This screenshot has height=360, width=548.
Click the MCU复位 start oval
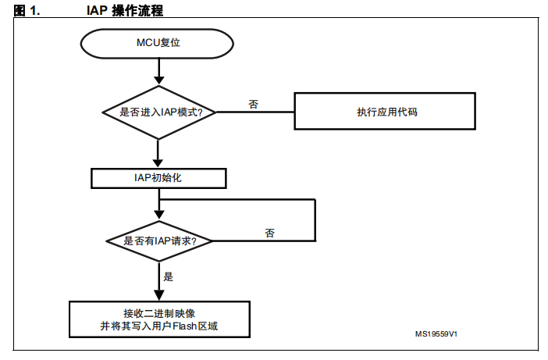(x=157, y=43)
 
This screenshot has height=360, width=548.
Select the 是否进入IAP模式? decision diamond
(x=159, y=112)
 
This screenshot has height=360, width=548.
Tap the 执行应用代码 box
(x=385, y=111)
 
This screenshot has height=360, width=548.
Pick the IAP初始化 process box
(x=158, y=178)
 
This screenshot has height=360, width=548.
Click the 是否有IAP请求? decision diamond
(x=159, y=241)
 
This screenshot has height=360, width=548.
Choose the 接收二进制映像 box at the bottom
(x=159, y=319)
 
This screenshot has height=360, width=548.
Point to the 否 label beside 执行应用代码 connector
(x=254, y=104)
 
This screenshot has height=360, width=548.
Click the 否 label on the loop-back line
(x=270, y=233)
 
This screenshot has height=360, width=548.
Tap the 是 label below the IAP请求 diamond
(x=168, y=276)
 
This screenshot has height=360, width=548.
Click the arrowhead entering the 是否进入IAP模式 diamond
(x=159, y=80)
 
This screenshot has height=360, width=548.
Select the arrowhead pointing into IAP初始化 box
(x=158, y=163)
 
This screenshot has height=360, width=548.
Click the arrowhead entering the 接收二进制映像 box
(x=159, y=295)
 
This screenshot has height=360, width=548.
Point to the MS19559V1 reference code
(x=436, y=333)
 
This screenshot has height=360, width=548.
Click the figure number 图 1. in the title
(x=27, y=10)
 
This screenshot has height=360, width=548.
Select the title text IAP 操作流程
(x=125, y=10)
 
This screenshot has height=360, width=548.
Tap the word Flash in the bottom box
(x=184, y=326)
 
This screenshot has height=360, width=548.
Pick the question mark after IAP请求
(x=194, y=241)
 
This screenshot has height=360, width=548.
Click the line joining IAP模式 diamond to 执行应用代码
(x=255, y=112)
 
